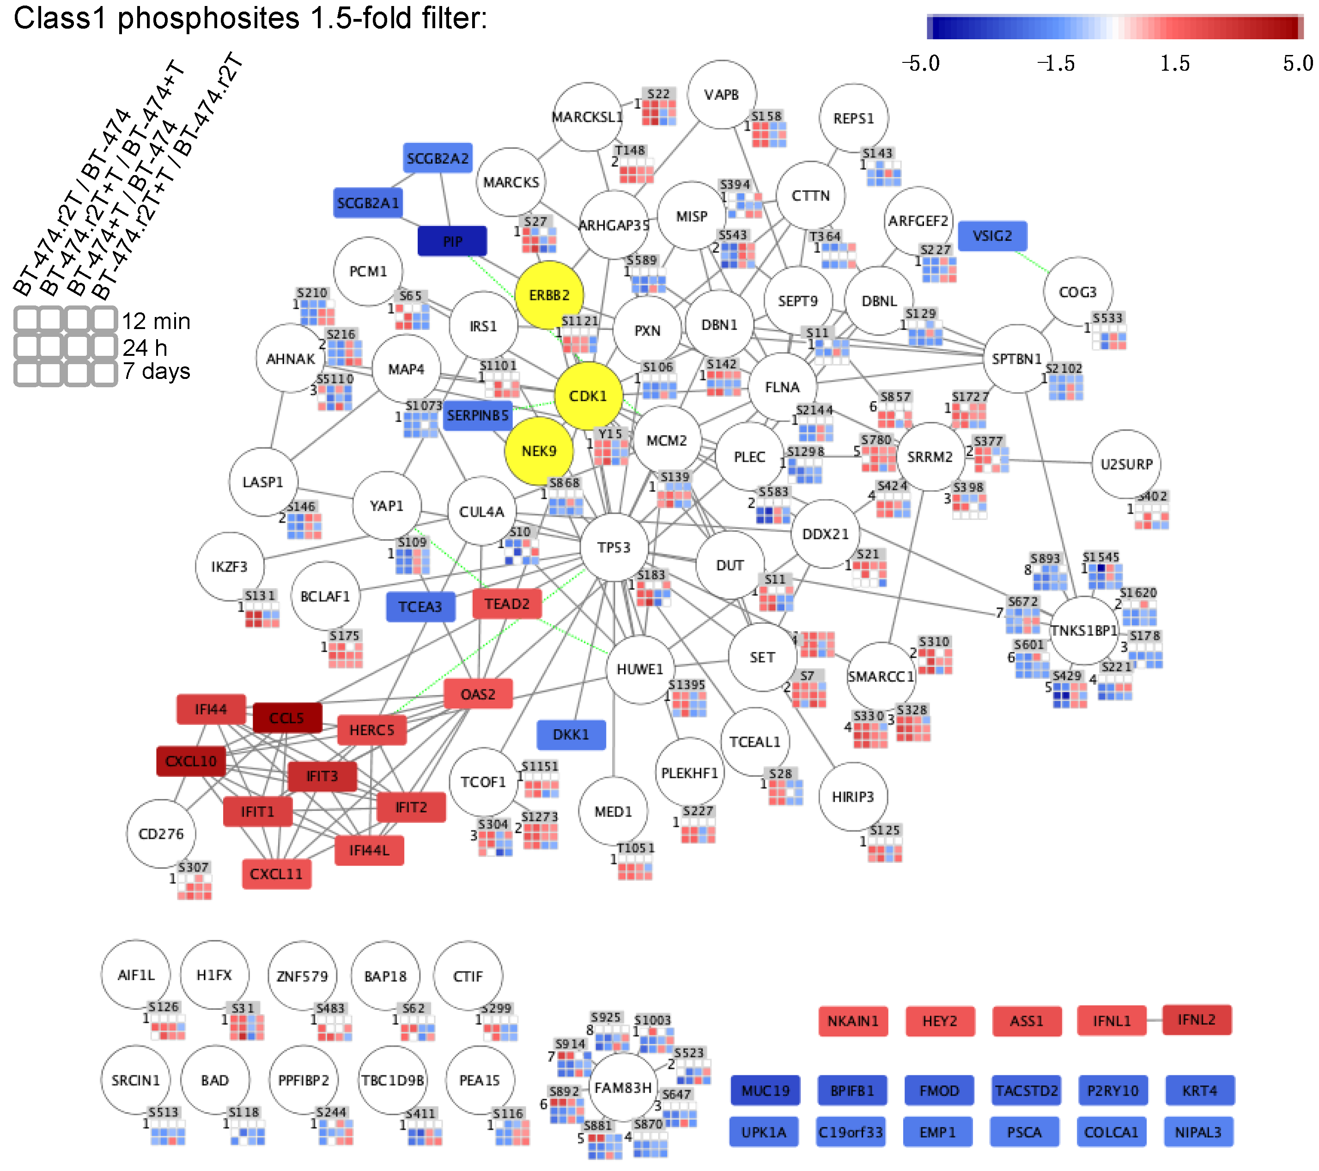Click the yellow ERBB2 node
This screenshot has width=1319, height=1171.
(x=549, y=295)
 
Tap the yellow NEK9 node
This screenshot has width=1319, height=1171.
(x=539, y=451)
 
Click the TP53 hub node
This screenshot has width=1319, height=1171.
(x=614, y=548)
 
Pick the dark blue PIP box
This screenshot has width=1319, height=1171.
(x=452, y=241)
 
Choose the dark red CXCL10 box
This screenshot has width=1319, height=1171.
(x=191, y=761)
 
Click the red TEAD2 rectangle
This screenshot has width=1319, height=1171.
(x=507, y=604)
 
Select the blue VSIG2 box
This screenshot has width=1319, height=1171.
(x=992, y=236)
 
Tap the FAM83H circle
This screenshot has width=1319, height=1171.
(x=623, y=1088)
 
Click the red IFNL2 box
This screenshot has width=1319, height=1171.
(x=1197, y=1020)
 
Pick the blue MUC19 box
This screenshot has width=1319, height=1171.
(x=766, y=1090)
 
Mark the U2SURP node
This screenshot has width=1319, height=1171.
(x=1126, y=464)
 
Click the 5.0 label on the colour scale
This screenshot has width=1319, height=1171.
(x=1297, y=63)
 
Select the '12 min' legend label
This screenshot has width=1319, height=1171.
(x=156, y=321)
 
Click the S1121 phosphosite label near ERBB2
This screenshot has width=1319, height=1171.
(x=579, y=321)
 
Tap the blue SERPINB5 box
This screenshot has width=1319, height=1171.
(x=478, y=415)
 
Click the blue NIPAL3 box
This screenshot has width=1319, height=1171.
(x=1198, y=1132)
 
